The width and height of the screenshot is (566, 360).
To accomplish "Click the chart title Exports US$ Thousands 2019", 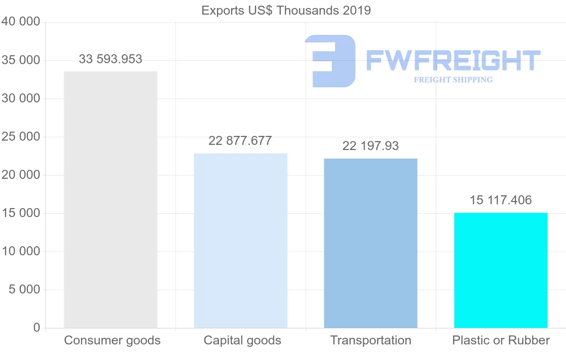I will coord(286,10).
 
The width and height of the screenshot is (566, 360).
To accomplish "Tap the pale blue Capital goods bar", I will coord(241,241).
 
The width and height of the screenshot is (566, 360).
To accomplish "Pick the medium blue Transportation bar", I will coord(371,243).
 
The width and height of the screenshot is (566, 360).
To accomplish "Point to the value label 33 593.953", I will coord(110,59).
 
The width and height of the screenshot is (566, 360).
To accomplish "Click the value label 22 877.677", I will coord(240,141).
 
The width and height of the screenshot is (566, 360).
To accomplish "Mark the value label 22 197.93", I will coord(371,146).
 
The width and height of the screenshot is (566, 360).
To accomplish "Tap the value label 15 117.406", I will coord(500,200).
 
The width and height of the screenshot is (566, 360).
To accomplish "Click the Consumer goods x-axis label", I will coord(112,340).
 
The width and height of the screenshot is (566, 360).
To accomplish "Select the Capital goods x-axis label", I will coord(242,340).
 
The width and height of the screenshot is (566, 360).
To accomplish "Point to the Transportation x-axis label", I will coord(371,340).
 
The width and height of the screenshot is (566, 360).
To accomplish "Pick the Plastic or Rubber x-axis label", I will coord(501,340).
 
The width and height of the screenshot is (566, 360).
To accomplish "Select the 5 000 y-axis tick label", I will coord(25,289).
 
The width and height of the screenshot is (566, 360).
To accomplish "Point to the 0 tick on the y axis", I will coord(37,327).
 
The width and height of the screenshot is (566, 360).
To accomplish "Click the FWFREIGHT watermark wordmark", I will coord(453,60).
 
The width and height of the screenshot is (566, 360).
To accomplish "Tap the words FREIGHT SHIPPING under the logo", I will coord(453,80).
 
